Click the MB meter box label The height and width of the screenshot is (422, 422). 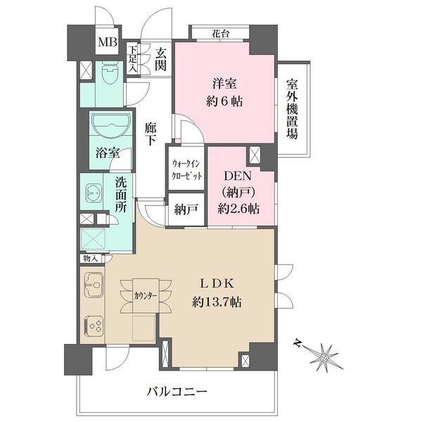108,42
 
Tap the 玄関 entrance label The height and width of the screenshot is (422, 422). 160,60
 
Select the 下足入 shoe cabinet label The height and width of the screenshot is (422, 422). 132,59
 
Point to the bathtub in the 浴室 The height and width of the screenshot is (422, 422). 111,123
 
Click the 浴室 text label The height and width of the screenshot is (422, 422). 108,153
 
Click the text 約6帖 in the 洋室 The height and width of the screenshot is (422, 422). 224,102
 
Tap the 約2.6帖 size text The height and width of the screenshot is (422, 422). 238,209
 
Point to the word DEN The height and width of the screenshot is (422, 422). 238,177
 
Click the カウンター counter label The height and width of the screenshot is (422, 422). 146,296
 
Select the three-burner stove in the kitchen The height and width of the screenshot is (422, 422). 94,326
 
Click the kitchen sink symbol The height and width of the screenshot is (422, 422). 94,284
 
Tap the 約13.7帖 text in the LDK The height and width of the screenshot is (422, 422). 217,302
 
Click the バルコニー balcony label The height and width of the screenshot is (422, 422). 177,391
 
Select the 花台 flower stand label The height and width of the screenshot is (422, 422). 221,34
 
